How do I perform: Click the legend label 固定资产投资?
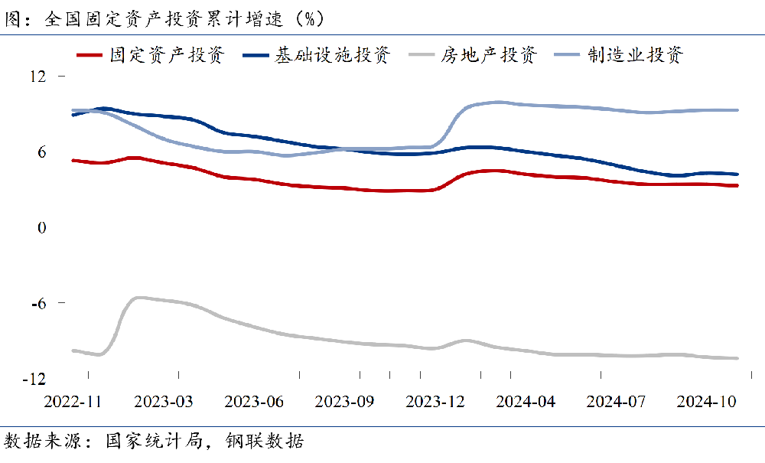(x=167, y=55)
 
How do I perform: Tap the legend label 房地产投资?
(x=489, y=55)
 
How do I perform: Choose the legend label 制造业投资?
(x=635, y=55)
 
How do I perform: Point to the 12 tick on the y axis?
(x=38, y=77)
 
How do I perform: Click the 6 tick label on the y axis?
(x=42, y=152)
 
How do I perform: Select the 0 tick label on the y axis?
(x=42, y=228)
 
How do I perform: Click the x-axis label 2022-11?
(x=73, y=402)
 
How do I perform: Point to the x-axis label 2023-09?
(x=344, y=402)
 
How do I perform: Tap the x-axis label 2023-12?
(x=435, y=402)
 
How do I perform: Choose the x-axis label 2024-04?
(x=525, y=402)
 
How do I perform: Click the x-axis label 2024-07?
(x=615, y=402)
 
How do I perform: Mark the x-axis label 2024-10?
(x=705, y=402)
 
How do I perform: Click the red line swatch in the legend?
(x=90, y=55)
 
